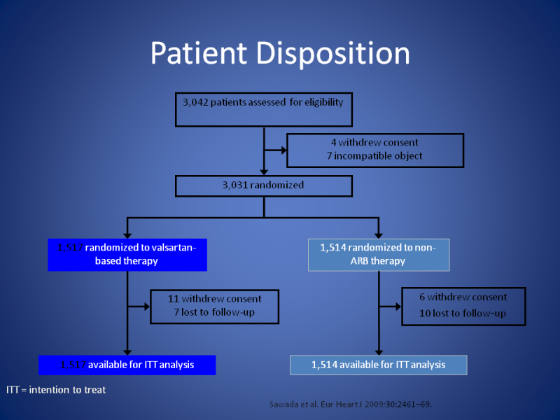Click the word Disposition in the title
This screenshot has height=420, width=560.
pos(334,54)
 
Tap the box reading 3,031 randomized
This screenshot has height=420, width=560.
pos(264,185)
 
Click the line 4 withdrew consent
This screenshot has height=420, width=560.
pos(374,143)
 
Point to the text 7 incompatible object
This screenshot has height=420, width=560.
pos(374,155)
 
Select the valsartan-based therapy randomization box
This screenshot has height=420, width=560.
pos(127,254)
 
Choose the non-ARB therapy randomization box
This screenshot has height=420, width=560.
pos(379,254)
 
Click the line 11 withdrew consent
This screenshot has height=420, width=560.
pos(215,298)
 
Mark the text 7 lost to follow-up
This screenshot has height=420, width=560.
pos(215,311)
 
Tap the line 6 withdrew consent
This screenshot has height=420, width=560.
pos(463,297)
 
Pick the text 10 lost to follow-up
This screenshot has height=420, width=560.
pos(463,313)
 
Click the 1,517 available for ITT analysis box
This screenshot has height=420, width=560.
pos(127,365)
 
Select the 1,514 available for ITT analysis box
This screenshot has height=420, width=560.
pos(378,365)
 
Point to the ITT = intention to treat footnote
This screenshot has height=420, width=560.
pos(56,390)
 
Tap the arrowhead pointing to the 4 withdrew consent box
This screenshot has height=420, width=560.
pos(283,149)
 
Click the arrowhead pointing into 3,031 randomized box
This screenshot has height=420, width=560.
pos(264,171)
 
